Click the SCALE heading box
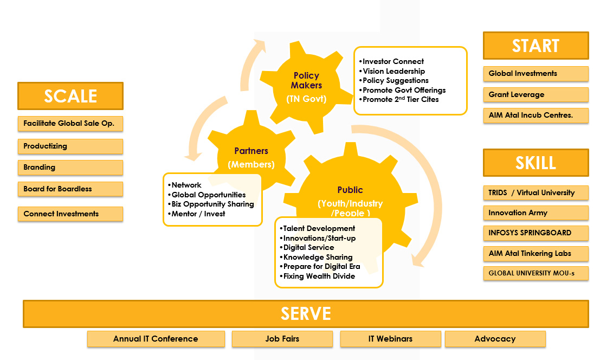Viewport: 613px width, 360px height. [x=70, y=96]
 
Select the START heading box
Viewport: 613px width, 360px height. [x=535, y=46]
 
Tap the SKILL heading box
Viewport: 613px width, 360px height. [x=535, y=163]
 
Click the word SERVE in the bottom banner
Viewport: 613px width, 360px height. [x=306, y=314]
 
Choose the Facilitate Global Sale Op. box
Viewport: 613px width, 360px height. [x=70, y=124]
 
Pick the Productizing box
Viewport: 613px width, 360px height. [x=70, y=146]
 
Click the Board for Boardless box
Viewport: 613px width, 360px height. [x=70, y=189]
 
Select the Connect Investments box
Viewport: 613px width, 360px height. [x=70, y=214]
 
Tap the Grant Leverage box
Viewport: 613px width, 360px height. [x=535, y=95]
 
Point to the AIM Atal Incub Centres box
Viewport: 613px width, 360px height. [x=535, y=115]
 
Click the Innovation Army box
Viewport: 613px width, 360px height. [x=535, y=213]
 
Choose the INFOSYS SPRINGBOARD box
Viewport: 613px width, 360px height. [x=535, y=233]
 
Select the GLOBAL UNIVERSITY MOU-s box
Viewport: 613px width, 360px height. [x=535, y=273]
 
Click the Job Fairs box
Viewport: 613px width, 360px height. [x=282, y=339]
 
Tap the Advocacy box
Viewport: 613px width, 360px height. [x=495, y=339]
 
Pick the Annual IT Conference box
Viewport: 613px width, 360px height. [x=156, y=339]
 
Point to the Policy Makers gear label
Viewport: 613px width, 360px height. [x=306, y=80]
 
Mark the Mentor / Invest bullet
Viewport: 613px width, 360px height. [x=198, y=214]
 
